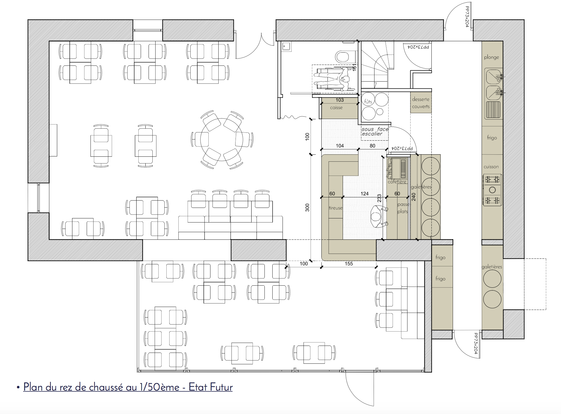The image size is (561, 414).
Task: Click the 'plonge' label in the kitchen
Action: pos(492,57)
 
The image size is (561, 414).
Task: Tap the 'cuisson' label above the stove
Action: pos(491,167)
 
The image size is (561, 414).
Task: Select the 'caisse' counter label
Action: pos(336,108)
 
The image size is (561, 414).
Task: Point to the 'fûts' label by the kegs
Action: pos(368,101)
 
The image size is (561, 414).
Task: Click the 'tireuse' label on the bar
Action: pos(336,208)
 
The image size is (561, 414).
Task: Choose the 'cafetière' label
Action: pos(397,182)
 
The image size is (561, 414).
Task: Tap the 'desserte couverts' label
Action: pos(421,103)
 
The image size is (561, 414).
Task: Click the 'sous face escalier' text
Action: pos(375,132)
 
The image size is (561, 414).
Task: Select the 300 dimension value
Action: pos(307,208)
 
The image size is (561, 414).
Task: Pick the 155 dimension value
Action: pos(349,264)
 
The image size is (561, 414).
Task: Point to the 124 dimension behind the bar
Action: pos(365,194)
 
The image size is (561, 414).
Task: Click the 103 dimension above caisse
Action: pos(339,100)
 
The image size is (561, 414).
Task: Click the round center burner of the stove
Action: pos(492,190)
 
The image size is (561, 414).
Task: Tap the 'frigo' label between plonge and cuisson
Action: pos(492,138)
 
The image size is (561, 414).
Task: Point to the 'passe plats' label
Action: pos(403,208)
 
